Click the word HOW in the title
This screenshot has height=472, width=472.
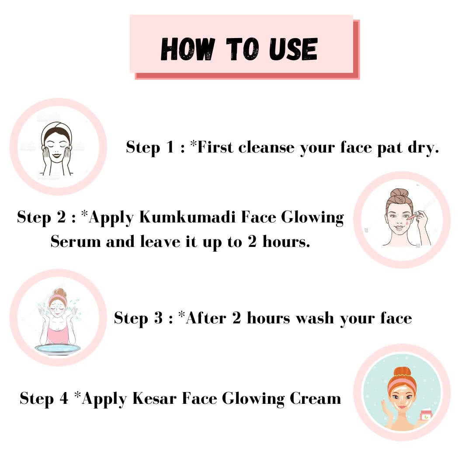[188, 49]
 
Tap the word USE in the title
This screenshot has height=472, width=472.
[293, 49]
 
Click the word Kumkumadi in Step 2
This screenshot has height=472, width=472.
[187, 217]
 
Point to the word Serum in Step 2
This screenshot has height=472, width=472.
[76, 241]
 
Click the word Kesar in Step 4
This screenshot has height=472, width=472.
[154, 399]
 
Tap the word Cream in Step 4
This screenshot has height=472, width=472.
[315, 399]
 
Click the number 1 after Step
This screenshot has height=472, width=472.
[170, 147]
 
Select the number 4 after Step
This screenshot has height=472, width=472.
[64, 399]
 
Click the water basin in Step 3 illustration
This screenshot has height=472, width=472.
[58, 349]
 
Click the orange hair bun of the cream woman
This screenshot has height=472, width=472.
[402, 372]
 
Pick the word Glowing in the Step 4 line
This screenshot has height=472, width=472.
[253, 399]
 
